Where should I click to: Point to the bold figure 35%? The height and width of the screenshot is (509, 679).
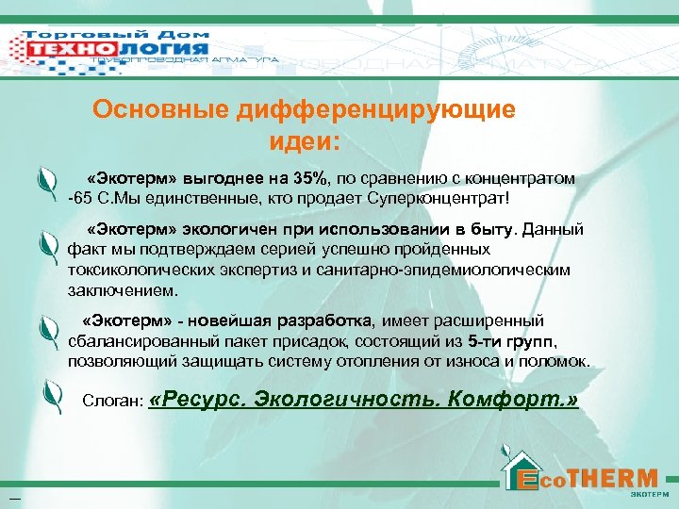point(309,179)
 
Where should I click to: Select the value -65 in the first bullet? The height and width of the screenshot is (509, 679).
point(81,199)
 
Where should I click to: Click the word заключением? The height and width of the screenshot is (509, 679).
point(121,290)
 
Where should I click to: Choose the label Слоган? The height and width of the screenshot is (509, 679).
point(111,402)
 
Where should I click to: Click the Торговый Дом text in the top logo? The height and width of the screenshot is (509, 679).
point(118,36)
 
